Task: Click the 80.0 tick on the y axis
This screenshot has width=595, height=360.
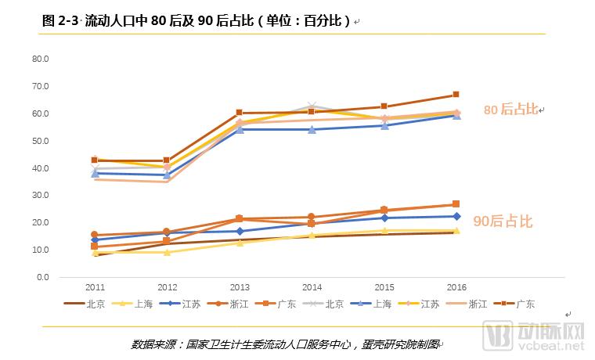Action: click(x=40, y=59)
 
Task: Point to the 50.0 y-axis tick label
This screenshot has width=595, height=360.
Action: click(x=40, y=141)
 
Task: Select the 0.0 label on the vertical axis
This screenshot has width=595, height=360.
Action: click(x=42, y=277)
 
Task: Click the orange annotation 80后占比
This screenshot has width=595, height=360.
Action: click(x=510, y=110)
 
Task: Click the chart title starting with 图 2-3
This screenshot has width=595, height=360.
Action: click(x=196, y=21)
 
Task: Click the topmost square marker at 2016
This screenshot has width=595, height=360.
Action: click(x=456, y=95)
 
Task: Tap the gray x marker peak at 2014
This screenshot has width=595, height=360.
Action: click(x=312, y=106)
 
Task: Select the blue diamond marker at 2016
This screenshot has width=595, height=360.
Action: click(x=456, y=217)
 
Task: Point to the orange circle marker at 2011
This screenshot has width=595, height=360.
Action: click(x=94, y=235)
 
